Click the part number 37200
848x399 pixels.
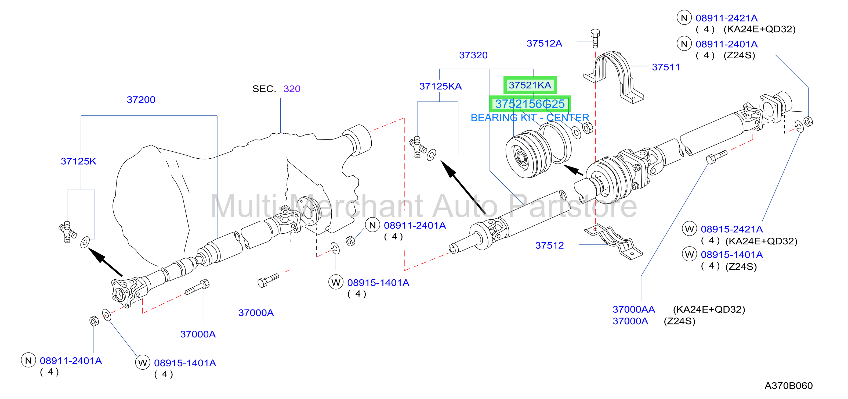pyautogui.click(x=141, y=99)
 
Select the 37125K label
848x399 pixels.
pyautogui.click(x=78, y=161)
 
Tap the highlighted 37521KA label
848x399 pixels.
pyautogui.click(x=530, y=85)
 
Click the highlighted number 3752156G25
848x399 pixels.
pyautogui.click(x=530, y=104)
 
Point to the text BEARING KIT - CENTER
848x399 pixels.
pyautogui.click(x=530, y=117)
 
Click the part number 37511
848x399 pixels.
pyautogui.click(x=666, y=67)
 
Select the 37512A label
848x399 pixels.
pyautogui.click(x=544, y=43)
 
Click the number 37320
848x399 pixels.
pyautogui.click(x=473, y=55)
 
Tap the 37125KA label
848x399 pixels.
pyautogui.click(x=440, y=86)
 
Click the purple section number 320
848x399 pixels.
pyautogui.click(x=292, y=89)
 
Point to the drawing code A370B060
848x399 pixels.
pyautogui.click(x=788, y=386)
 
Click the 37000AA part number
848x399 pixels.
pyautogui.click(x=634, y=309)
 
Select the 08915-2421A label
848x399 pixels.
pyautogui.click(x=731, y=229)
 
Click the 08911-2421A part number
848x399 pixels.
pyautogui.click(x=727, y=18)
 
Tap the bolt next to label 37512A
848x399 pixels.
pyautogui.click(x=595, y=38)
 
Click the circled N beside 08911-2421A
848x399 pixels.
pyautogui.click(x=684, y=18)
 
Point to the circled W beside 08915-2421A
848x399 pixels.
pyautogui.click(x=689, y=229)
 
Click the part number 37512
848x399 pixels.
pyautogui.click(x=549, y=245)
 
